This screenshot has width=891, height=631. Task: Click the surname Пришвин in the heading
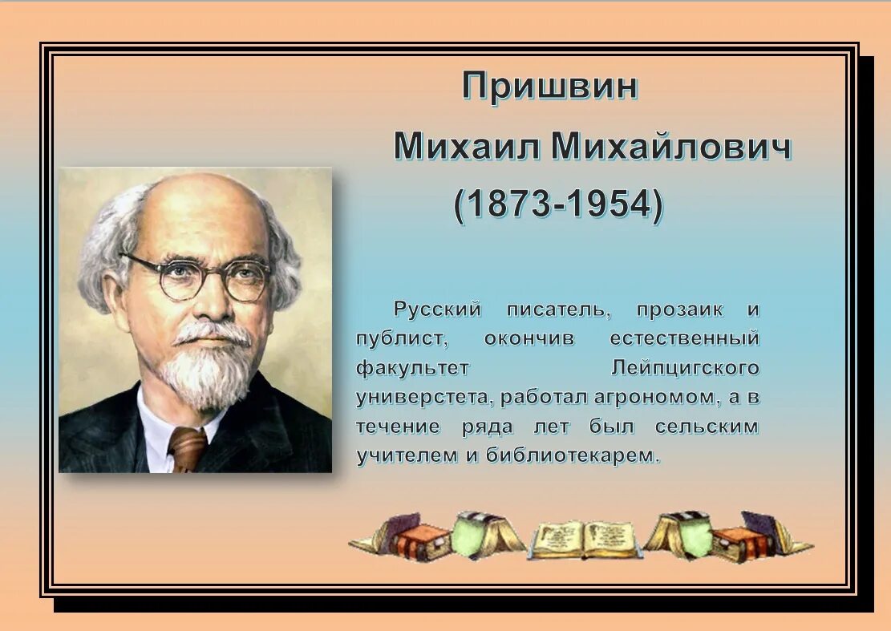pos(549,86)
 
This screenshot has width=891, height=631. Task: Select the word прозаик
pos(679,309)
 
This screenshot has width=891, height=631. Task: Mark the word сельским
pos(707,426)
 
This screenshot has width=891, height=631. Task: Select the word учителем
pos(403,455)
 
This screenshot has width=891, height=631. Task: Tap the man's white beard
pos(204,376)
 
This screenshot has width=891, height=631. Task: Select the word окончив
pos(529,338)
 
